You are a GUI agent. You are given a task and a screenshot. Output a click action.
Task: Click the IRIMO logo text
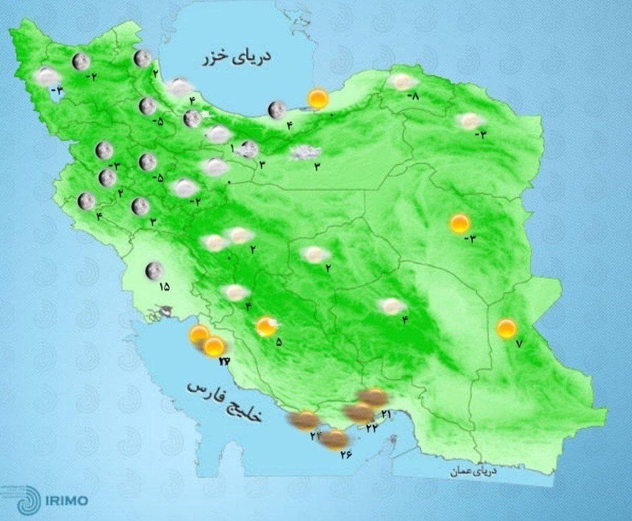point(67,501)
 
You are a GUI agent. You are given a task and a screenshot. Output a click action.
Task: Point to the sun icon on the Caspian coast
point(318,98)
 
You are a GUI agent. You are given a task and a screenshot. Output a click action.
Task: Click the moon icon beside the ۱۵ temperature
point(154,270)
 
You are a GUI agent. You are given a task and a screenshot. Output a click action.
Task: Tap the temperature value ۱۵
point(163,287)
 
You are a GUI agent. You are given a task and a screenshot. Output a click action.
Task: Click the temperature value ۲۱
point(386,414)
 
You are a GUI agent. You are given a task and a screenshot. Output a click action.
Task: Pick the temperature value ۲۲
point(371,428)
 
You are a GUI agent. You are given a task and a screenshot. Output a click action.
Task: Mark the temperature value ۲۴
point(317,436)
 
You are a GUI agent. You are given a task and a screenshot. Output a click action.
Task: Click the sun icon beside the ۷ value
point(506,328)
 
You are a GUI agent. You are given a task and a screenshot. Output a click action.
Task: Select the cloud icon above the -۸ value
point(403,82)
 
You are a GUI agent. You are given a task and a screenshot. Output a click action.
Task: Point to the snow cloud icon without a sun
point(301,153)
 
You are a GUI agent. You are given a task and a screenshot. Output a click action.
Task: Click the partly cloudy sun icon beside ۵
point(267,326)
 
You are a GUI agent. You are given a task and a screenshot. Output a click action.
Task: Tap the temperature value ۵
point(279,342)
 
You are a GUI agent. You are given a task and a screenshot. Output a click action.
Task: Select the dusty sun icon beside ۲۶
point(334,439)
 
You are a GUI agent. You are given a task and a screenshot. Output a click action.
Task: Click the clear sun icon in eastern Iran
point(460,223)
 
